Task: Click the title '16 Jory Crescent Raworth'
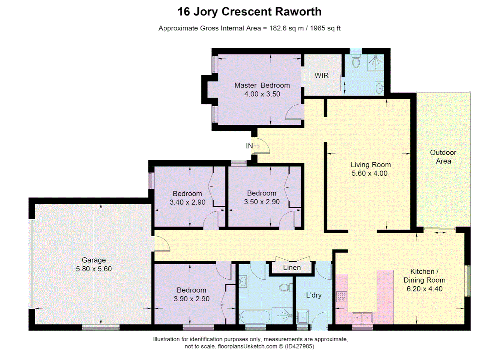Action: click(x=249, y=12)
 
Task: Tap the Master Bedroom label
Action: click(x=262, y=85)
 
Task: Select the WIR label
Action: click(x=321, y=75)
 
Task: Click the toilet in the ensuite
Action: click(x=356, y=62)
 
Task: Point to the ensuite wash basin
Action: click(x=379, y=88)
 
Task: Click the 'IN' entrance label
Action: click(x=249, y=146)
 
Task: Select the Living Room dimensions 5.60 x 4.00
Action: click(x=370, y=173)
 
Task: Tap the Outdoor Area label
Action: click(x=443, y=157)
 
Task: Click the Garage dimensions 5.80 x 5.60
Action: click(x=94, y=269)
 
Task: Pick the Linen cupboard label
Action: click(x=292, y=268)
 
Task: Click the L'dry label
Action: click(x=314, y=295)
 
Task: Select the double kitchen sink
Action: click(x=362, y=317)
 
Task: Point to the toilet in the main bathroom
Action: click(x=284, y=287)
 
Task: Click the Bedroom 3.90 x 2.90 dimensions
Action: click(x=191, y=299)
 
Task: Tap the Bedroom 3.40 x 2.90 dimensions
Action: click(x=187, y=202)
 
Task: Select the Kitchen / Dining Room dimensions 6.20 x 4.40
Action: click(x=424, y=289)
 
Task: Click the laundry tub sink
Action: click(x=303, y=317)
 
